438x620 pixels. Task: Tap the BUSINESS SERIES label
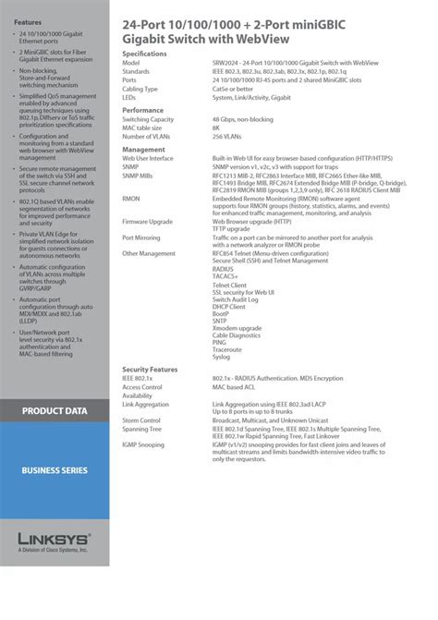(55, 470)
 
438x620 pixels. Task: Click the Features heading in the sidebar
(28, 20)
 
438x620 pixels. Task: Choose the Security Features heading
(150, 368)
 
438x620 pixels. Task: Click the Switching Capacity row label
(148, 120)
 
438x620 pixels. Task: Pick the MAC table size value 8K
(216, 128)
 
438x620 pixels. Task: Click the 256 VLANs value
(227, 137)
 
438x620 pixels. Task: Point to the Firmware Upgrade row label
(148, 223)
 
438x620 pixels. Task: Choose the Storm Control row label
(141, 419)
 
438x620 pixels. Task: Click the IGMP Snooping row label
(143, 444)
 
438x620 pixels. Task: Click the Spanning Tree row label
(141, 428)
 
